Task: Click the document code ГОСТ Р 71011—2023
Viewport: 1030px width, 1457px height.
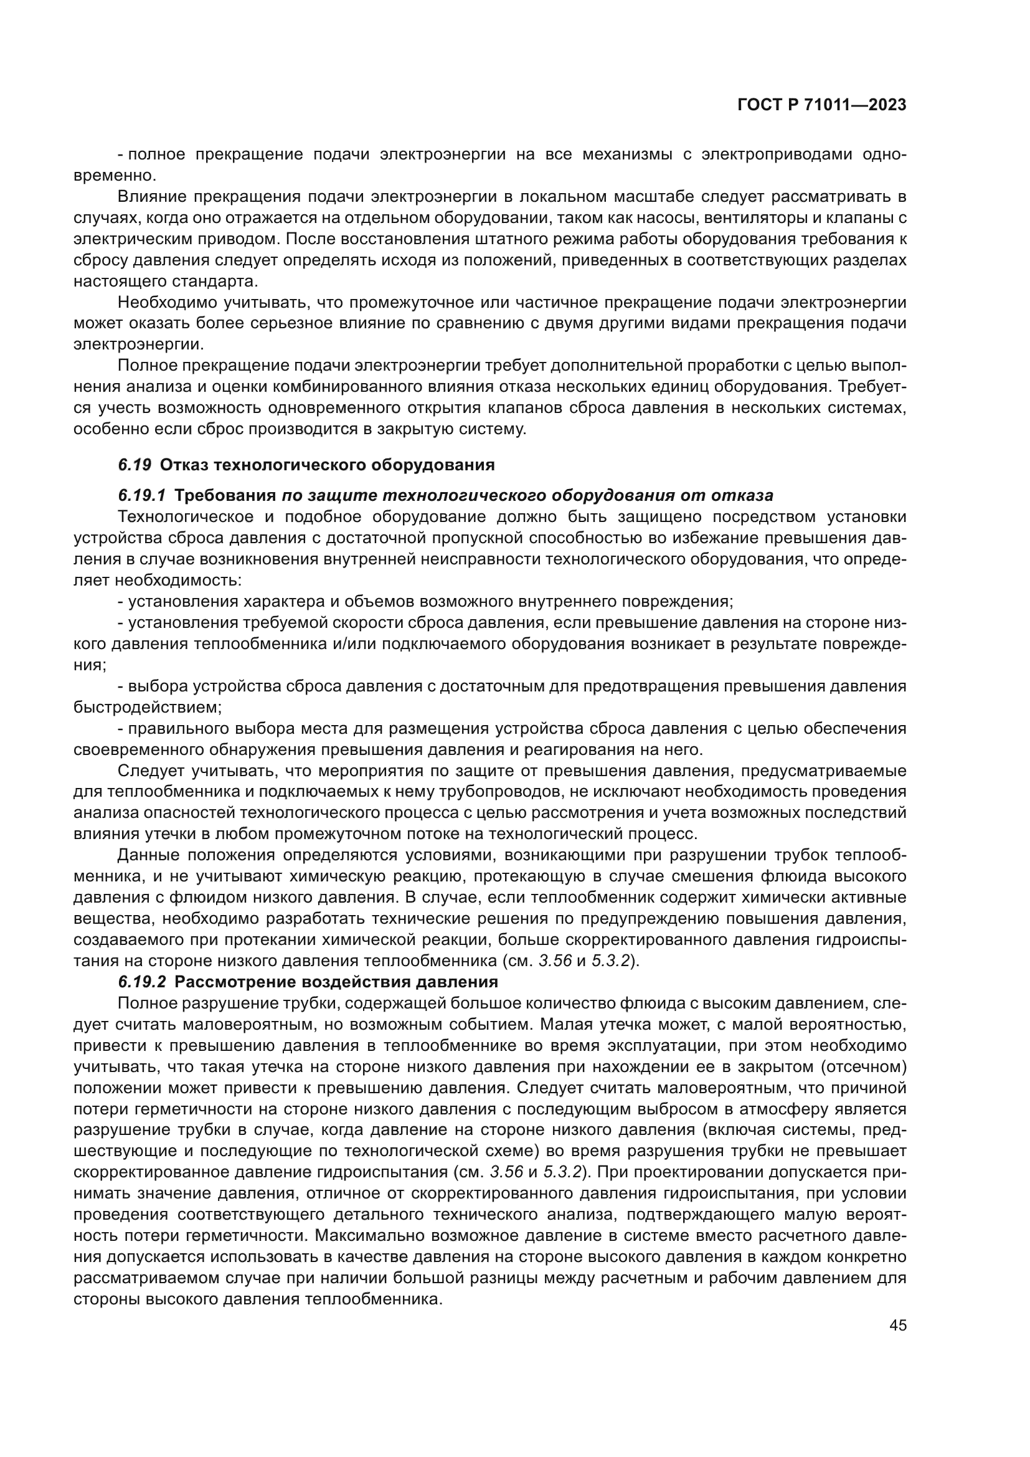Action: [821, 105]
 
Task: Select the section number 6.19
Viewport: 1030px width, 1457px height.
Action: [135, 465]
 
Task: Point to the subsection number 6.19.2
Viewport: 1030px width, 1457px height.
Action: [142, 982]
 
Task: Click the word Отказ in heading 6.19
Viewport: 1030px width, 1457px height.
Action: [184, 465]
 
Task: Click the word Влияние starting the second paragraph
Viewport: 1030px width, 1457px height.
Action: [151, 197]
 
